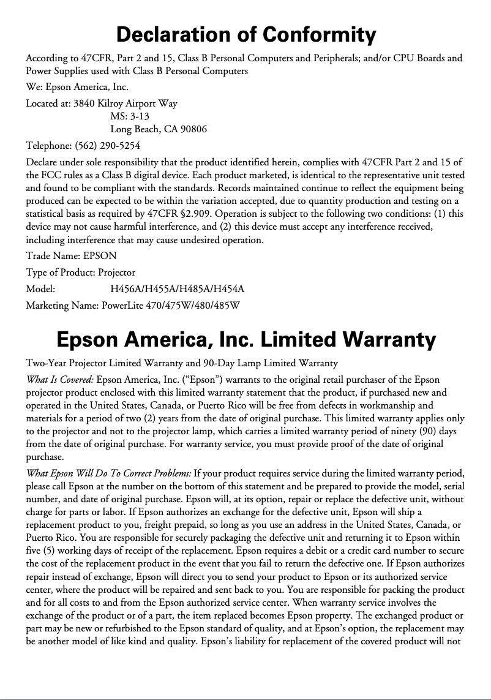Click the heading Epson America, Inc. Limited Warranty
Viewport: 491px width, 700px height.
point(245,339)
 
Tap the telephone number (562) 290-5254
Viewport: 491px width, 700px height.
point(107,146)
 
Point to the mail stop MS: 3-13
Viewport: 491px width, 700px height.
point(130,116)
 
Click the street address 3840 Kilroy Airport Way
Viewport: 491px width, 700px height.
point(125,103)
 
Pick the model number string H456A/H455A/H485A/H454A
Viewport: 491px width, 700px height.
point(178,288)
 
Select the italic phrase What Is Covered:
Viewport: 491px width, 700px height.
point(60,380)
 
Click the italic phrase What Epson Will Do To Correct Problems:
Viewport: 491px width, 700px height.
point(108,473)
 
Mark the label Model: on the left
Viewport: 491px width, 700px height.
point(40,288)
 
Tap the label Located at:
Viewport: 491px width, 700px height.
point(48,103)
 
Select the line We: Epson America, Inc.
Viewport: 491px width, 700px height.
point(77,87)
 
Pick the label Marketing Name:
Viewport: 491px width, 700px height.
point(62,304)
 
